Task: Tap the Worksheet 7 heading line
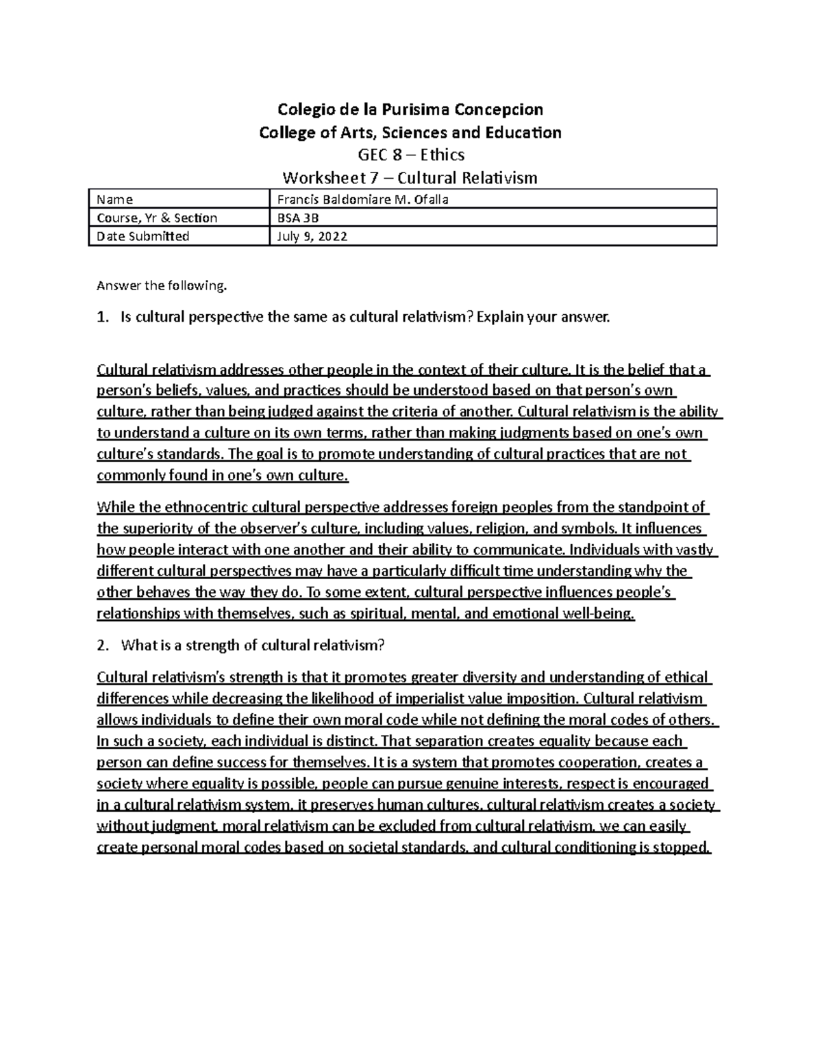tap(410, 178)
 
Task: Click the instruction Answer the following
tap(161, 286)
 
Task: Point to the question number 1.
tap(102, 318)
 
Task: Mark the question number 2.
tap(102, 645)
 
